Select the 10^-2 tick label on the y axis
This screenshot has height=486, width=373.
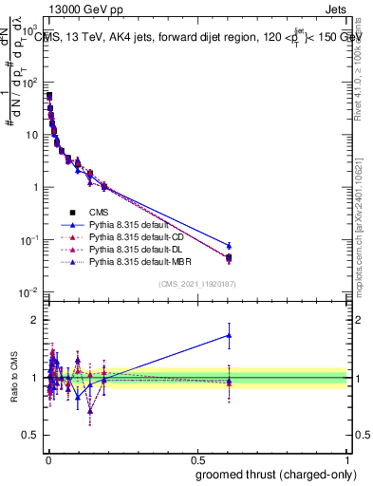pyautogui.click(x=29, y=291)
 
